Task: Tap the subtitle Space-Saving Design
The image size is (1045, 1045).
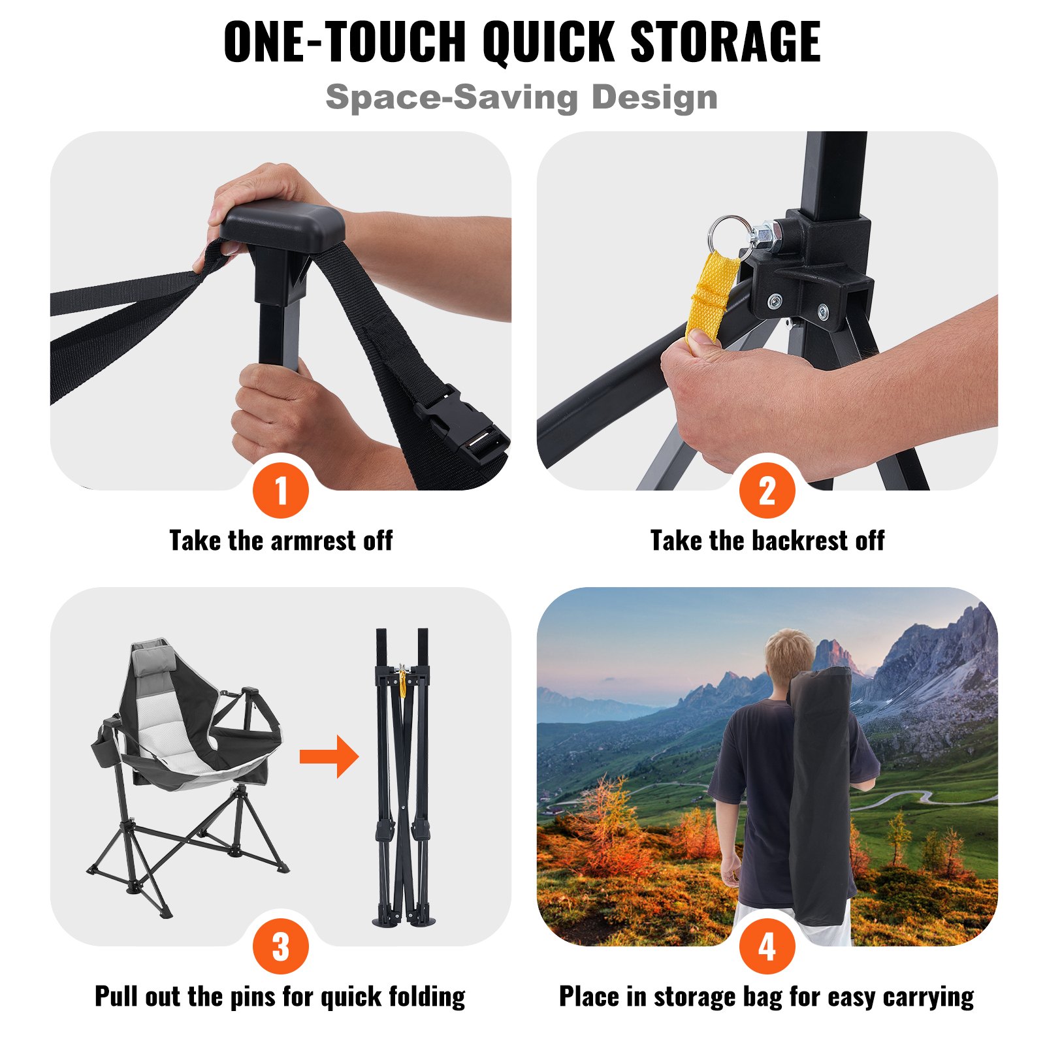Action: tap(521, 97)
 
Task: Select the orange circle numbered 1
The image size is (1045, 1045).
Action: tap(281, 490)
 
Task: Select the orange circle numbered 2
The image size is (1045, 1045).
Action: tap(767, 490)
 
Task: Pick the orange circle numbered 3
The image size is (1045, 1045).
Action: tap(281, 946)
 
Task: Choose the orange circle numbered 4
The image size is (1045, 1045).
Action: tap(767, 946)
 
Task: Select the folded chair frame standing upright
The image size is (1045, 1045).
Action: tap(403, 777)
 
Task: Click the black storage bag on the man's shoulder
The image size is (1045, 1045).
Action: tap(820, 797)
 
